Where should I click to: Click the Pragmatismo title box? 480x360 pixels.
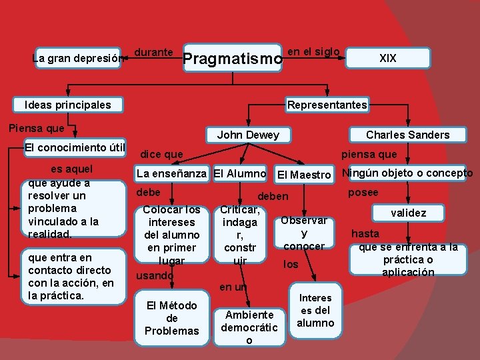[x=233, y=60]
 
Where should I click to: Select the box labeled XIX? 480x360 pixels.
[x=387, y=59]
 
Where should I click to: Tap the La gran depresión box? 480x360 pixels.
[x=76, y=59]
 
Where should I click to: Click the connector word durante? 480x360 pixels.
[x=154, y=52]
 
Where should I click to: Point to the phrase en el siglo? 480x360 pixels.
[x=313, y=51]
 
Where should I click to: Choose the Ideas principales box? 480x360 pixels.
[x=67, y=105]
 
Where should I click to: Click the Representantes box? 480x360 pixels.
[x=327, y=105]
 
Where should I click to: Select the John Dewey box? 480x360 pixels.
[x=248, y=135]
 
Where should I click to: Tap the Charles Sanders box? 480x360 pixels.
[x=407, y=135]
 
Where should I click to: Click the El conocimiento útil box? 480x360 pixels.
[x=75, y=147]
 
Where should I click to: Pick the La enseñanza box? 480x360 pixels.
[x=171, y=174]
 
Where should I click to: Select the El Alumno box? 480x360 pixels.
[x=239, y=174]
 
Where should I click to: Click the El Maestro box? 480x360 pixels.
[x=304, y=175]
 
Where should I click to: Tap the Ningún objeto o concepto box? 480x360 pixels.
[x=407, y=174]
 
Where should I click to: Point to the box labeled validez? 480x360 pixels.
[x=408, y=213]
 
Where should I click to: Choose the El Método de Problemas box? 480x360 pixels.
[x=172, y=318]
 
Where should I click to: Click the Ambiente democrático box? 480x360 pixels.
[x=249, y=327]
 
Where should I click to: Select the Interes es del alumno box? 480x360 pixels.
[x=315, y=311]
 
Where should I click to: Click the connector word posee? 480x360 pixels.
[x=363, y=193]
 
